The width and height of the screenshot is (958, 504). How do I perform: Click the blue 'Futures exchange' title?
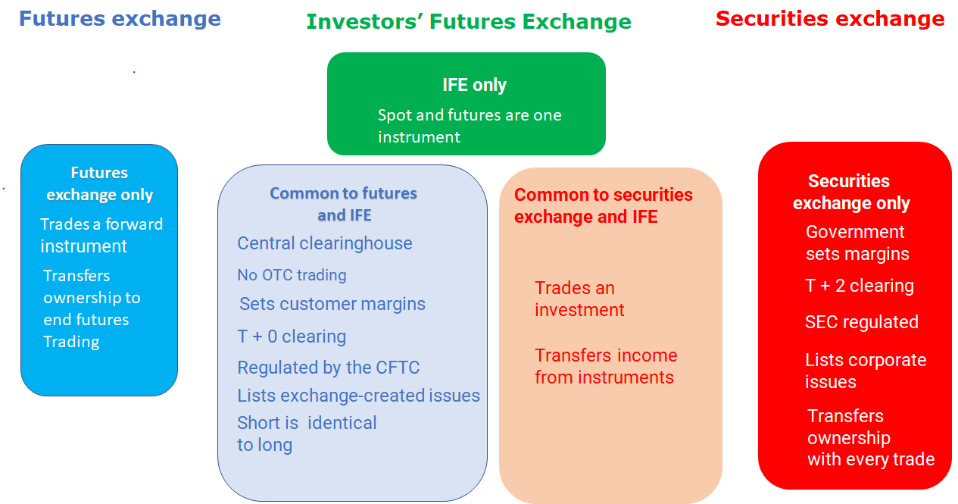pyautogui.click(x=120, y=19)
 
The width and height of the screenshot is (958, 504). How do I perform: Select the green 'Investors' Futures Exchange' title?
pyautogui.click(x=468, y=22)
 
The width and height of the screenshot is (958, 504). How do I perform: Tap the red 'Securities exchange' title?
pyautogui.click(x=830, y=19)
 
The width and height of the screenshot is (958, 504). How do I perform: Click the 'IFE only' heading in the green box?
pyautogui.click(x=474, y=85)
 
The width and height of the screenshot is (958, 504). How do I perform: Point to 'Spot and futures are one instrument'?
pyautogui.click(x=469, y=126)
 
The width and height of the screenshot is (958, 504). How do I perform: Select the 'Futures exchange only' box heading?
pyautogui.click(x=99, y=183)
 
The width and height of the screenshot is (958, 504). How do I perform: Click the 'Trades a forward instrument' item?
pyautogui.click(x=101, y=235)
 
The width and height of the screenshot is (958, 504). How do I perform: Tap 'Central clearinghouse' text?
pyautogui.click(x=324, y=243)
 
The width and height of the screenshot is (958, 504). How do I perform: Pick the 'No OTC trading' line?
pyautogui.click(x=292, y=275)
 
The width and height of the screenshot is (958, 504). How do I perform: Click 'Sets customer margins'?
pyautogui.click(x=332, y=304)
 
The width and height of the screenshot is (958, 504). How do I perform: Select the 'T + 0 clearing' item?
pyautogui.click(x=292, y=337)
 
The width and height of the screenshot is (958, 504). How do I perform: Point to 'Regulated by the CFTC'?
pyautogui.click(x=328, y=368)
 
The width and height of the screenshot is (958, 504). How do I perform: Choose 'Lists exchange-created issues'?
pyautogui.click(x=358, y=396)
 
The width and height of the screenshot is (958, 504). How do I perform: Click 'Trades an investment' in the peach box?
pyautogui.click(x=579, y=299)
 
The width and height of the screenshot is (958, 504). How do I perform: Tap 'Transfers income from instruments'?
pyautogui.click(x=605, y=366)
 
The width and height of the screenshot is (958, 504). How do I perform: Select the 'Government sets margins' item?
pyautogui.click(x=857, y=243)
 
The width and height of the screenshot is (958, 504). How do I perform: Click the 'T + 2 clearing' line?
pyautogui.click(x=859, y=286)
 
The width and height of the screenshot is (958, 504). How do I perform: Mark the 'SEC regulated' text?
pyautogui.click(x=861, y=322)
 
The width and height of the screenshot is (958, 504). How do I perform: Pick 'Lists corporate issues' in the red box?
pyautogui.click(x=865, y=371)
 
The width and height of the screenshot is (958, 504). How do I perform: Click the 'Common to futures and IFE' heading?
pyautogui.click(x=344, y=204)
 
